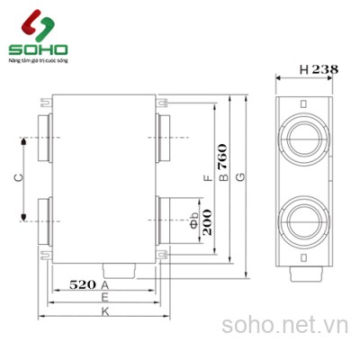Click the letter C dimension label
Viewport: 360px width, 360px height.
pos(20,178)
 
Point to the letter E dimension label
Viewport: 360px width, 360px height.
pos(105,296)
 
